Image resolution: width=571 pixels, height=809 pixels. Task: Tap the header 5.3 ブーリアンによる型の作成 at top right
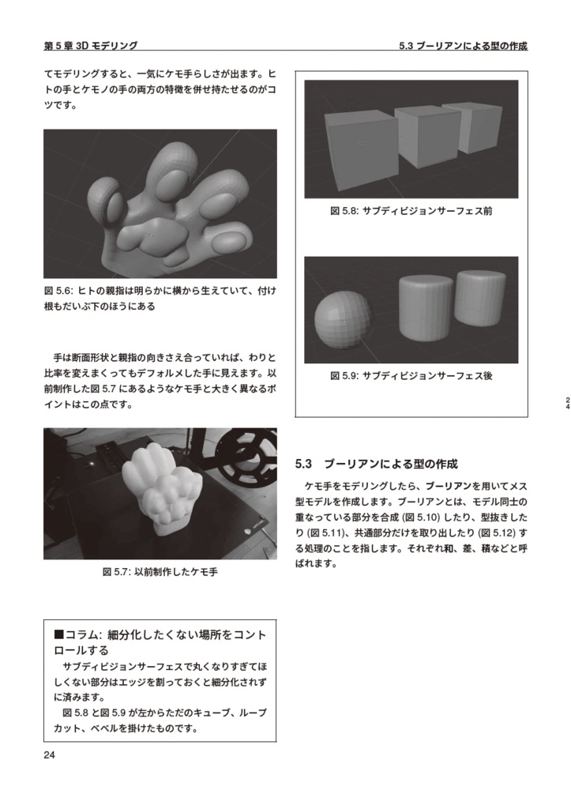[x=463, y=47]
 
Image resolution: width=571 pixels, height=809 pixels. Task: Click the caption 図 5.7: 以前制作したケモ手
[x=160, y=572]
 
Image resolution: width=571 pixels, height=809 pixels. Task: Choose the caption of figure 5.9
[x=411, y=376]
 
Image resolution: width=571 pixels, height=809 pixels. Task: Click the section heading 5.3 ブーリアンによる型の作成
[x=376, y=464]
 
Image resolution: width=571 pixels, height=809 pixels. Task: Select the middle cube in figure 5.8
[x=426, y=134]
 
